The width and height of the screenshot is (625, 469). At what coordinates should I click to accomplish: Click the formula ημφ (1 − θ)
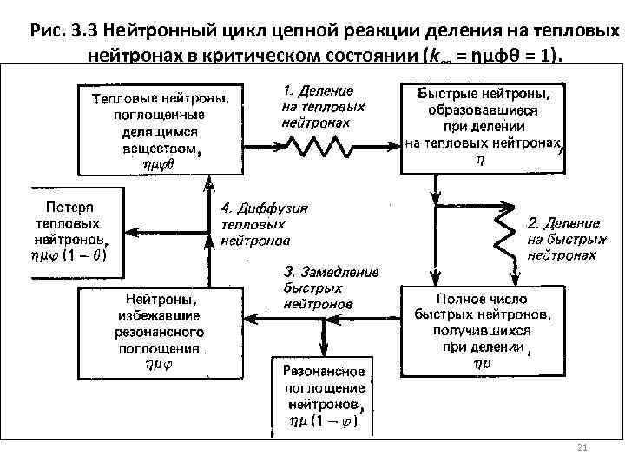coord(69,255)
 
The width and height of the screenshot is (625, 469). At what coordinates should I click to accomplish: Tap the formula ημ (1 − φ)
coord(322,422)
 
